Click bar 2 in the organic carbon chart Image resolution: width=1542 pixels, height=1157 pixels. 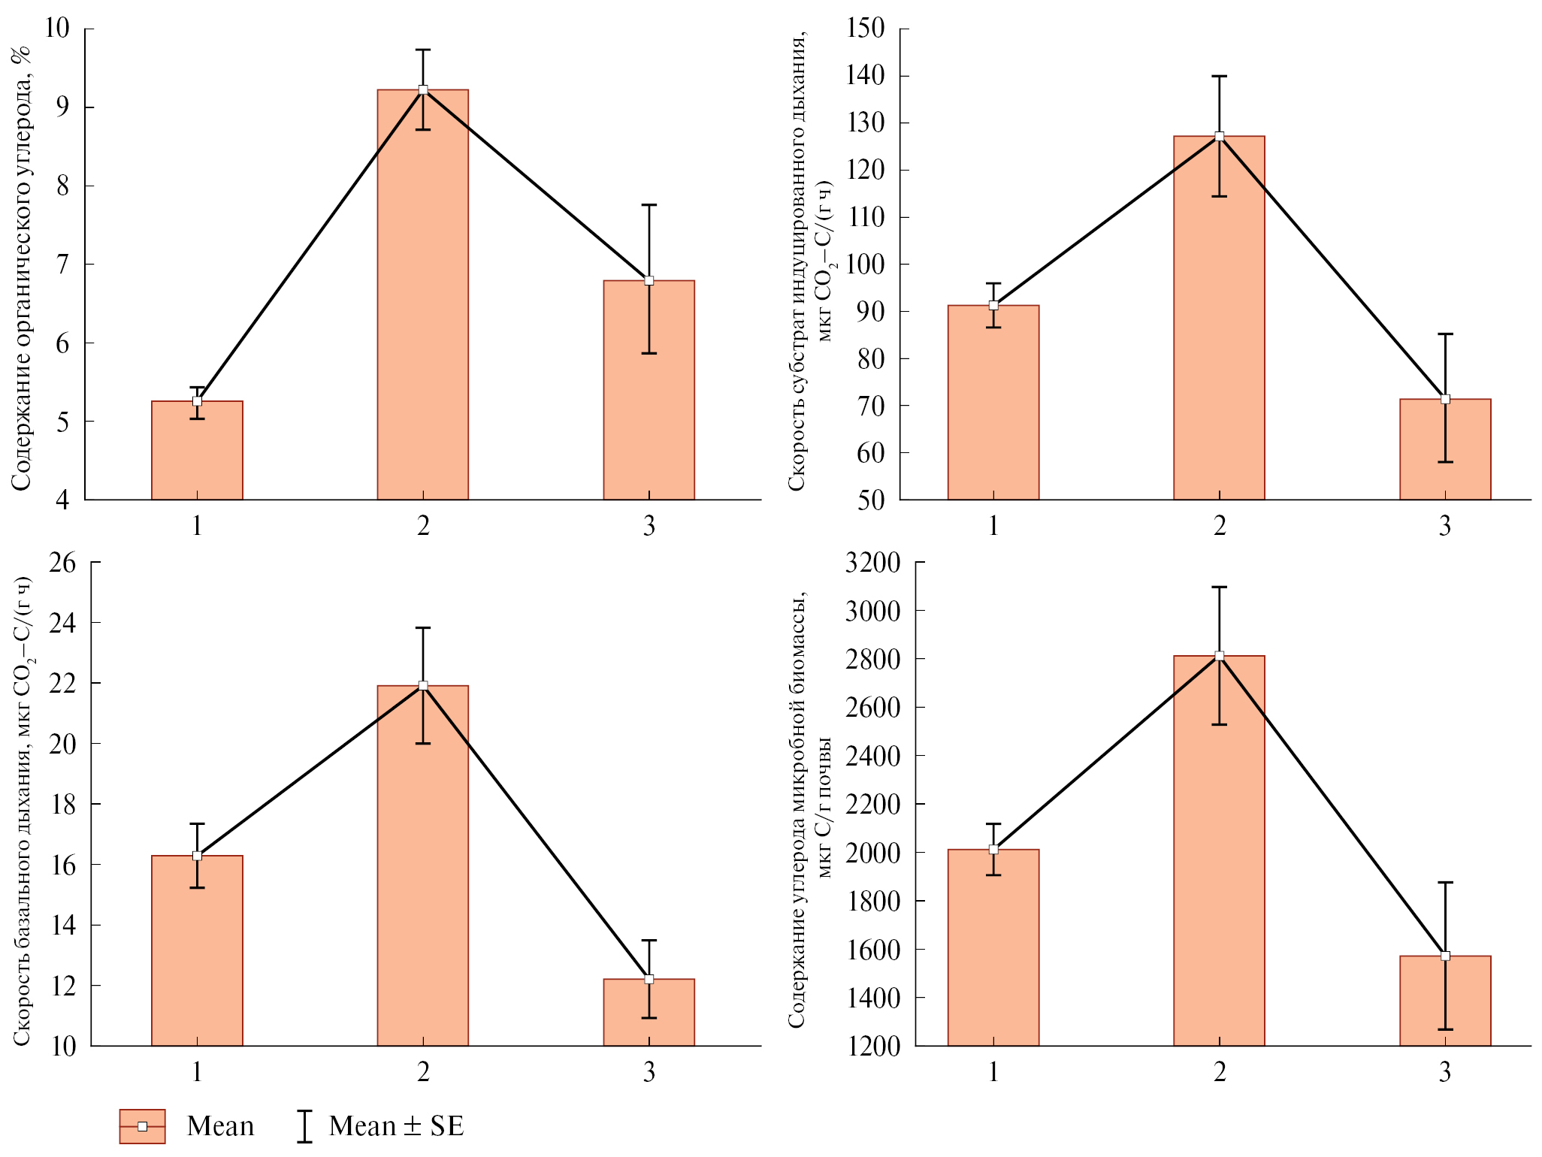point(422,301)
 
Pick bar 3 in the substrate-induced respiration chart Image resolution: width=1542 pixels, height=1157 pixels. point(1444,451)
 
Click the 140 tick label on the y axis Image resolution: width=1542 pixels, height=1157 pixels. point(866,75)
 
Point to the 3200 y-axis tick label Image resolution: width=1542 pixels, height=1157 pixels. point(872,562)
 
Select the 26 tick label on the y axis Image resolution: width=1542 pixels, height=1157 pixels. point(62,562)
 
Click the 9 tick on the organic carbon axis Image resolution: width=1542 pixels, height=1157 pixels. point(62,107)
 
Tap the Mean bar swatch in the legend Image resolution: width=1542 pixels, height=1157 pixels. point(142,1126)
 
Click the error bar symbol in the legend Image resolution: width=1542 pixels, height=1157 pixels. point(304,1126)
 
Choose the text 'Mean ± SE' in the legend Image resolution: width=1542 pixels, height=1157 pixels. point(396,1126)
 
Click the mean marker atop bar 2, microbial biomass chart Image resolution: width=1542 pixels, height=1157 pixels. point(1219,656)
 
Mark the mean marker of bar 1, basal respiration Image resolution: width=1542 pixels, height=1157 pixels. point(197,856)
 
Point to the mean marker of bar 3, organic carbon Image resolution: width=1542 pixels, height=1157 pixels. point(649,281)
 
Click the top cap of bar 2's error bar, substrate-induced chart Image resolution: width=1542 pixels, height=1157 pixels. point(1219,76)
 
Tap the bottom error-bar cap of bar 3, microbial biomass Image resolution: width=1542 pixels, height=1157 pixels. point(1444,1029)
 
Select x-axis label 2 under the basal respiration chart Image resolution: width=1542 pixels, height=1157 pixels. point(423,1072)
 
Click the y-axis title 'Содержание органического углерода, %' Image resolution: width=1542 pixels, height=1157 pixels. point(21,268)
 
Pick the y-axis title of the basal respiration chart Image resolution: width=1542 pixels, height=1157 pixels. point(23,811)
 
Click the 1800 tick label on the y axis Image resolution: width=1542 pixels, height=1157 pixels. point(872,901)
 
